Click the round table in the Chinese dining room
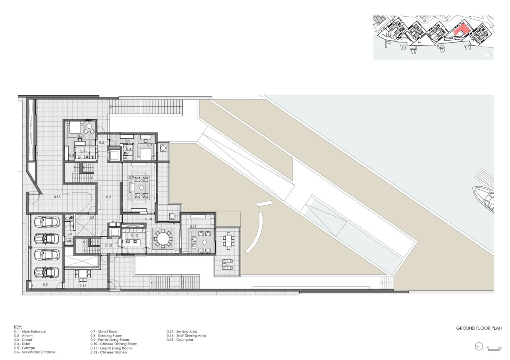[163, 239]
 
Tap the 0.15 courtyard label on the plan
[57, 197]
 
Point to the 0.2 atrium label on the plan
[108, 197]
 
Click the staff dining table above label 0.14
[82, 274]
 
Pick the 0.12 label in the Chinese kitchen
[135, 235]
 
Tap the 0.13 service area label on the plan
[109, 245]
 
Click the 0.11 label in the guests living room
[193, 227]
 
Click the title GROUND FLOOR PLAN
[479, 329]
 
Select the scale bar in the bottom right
[494, 349]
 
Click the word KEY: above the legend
[18, 327]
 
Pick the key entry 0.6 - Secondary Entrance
[35, 352]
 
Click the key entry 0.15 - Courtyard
[180, 340]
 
